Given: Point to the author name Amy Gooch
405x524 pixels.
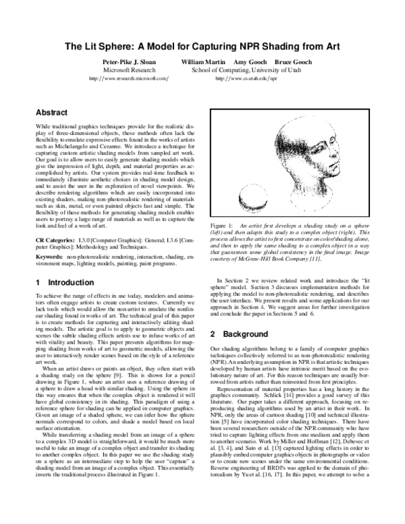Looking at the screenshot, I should pyautogui.click(x=249, y=61).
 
